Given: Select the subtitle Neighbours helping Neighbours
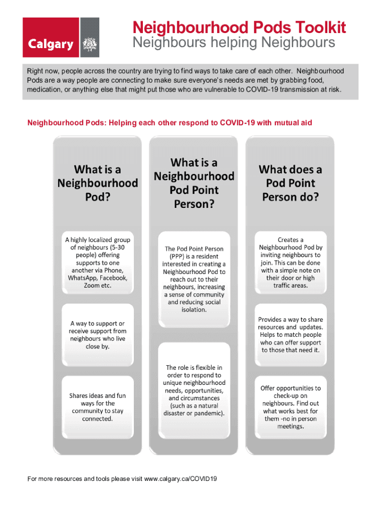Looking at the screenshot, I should point(234,43).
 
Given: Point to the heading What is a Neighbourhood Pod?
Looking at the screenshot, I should point(98,183).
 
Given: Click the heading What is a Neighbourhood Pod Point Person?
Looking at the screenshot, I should point(194,183).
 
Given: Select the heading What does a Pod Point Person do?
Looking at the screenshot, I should point(290,183).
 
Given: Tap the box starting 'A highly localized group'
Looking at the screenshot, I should point(98,263).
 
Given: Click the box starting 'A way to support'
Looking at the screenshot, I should point(98,335).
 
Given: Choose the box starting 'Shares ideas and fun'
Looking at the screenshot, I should point(98,407).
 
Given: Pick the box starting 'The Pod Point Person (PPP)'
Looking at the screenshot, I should point(194,279).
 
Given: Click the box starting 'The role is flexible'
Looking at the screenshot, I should point(194,391).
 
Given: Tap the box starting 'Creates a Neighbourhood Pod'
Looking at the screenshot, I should point(290,263).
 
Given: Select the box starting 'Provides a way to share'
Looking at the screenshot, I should point(290,335).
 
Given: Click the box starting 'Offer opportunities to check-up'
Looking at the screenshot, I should point(290,407).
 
